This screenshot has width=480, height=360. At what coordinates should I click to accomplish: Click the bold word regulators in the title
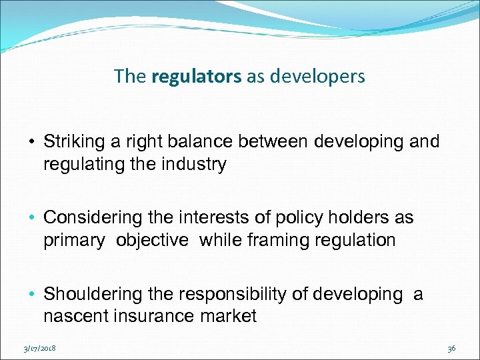pos(197,77)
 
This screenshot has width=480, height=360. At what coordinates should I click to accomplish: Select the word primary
pos(73,240)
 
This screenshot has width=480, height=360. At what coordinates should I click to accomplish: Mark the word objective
pos(152,240)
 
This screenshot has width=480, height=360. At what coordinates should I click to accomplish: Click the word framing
pos(278,240)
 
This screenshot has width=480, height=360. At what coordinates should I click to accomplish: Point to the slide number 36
pos(451,347)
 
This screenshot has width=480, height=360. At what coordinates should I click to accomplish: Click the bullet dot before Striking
pos(32,142)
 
